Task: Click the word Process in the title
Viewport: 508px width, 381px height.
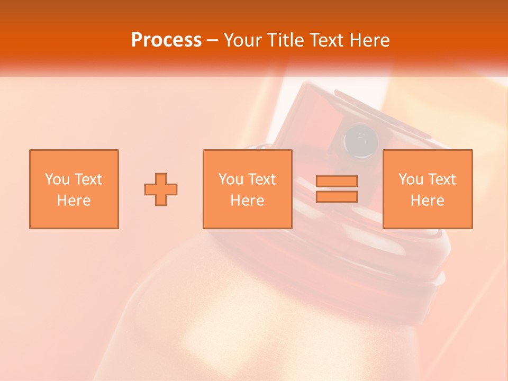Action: (166, 40)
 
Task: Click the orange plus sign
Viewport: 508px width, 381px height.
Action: (161, 189)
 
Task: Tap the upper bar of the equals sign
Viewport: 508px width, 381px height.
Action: (337, 181)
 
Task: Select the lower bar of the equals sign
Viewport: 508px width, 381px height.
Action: (337, 196)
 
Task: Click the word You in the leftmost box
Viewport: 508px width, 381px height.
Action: (57, 179)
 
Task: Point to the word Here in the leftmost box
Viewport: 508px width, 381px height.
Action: (74, 201)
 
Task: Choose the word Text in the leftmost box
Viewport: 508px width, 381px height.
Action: (88, 179)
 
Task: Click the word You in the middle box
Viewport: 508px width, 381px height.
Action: (231, 179)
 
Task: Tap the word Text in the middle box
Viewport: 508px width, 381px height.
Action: (261, 179)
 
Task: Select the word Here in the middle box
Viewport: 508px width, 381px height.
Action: (247, 201)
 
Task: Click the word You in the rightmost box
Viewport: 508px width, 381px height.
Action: (411, 179)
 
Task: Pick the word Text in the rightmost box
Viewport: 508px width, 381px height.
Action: (441, 179)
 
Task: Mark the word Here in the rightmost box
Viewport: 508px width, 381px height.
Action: (427, 201)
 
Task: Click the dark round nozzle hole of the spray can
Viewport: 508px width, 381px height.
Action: (360, 141)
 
